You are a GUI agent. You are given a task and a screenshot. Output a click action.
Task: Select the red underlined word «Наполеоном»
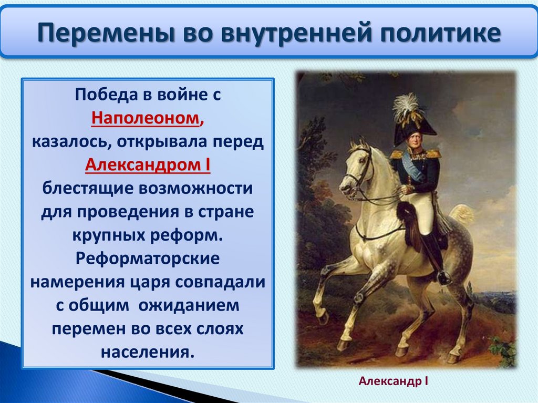point(146,118)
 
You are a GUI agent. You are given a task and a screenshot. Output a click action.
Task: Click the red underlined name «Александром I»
point(148,165)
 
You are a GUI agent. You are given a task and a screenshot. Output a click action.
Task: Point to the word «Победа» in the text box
point(107,95)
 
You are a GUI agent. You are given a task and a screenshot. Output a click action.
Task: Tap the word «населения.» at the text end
point(148,352)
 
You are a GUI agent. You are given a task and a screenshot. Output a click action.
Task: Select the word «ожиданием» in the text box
point(189,305)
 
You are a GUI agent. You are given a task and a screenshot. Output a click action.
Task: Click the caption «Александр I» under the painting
point(393,381)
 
